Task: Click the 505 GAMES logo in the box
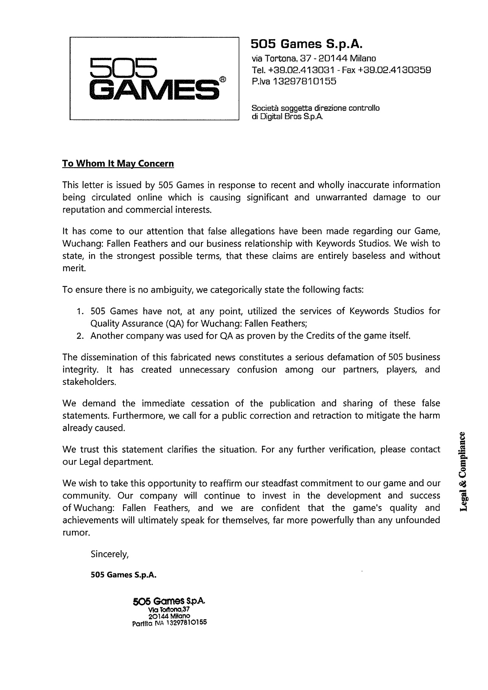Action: (154, 78)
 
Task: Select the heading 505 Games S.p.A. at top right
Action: (306, 44)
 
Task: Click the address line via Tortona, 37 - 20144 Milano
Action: (314, 58)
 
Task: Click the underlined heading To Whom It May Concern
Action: (118, 163)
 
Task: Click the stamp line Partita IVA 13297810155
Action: (169, 624)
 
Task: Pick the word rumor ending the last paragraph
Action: (76, 533)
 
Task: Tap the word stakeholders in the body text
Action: (89, 382)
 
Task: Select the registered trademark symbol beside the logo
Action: (223, 80)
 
